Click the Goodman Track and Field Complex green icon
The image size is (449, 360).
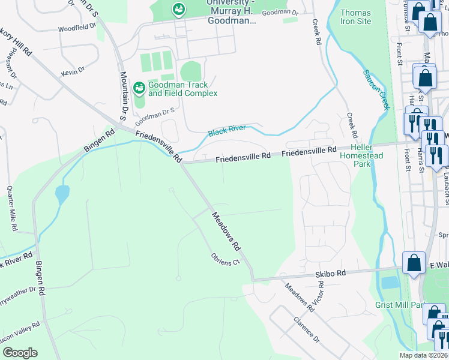coord(139,88)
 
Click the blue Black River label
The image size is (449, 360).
coord(227,131)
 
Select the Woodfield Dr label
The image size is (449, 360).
coord(77,28)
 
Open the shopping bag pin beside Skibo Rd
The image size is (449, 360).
coord(414,263)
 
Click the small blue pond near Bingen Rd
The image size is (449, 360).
coord(61,194)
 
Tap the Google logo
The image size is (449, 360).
coord(19,353)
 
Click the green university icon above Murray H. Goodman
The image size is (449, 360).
coord(178,8)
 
